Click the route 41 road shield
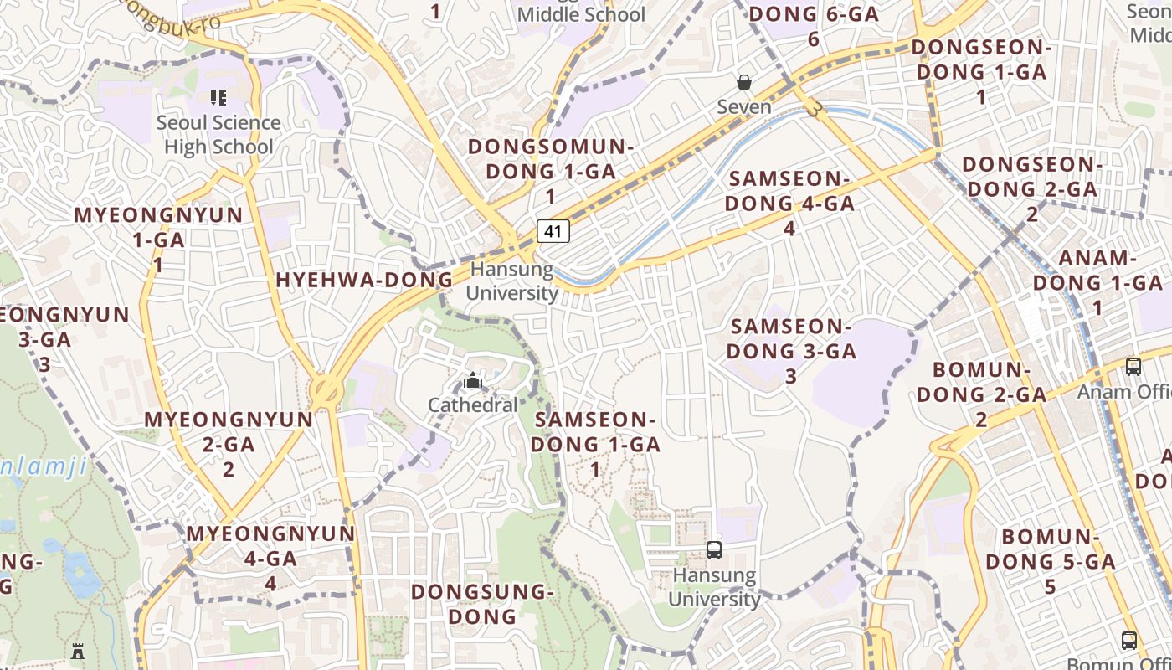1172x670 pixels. pos(553,231)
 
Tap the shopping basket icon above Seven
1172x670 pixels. pos(743,82)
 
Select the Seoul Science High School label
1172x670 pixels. pos(218,134)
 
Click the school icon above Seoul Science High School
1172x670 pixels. pos(218,98)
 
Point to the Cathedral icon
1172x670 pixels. pos(473,382)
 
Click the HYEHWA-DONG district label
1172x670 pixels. pos(364,280)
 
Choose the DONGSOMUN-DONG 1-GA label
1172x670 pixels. pos(550,171)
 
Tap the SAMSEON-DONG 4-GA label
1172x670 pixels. pos(789,203)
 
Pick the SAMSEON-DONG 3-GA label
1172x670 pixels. pos(791,350)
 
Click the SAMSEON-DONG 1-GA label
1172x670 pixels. pos(595,444)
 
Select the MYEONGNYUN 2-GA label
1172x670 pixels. pos(229,444)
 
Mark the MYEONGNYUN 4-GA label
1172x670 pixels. pos(270,558)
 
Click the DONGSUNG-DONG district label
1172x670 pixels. pos(482,604)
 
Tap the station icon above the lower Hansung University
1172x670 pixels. pos(714,550)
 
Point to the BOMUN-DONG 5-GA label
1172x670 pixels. pos(1050,561)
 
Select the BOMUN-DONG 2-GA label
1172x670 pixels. pos(981,394)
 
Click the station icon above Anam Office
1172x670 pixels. pos(1133,367)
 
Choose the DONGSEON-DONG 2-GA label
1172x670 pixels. pos(1031,188)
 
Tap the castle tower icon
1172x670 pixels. pos(78,651)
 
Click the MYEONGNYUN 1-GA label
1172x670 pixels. pos(158,240)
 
